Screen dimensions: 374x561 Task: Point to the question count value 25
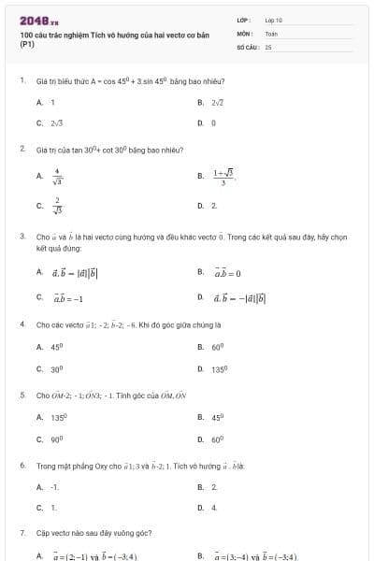pyautogui.click(x=268, y=46)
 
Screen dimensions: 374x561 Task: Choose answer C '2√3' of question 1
pyautogui.click(x=56, y=122)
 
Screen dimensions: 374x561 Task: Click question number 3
pyautogui.click(x=22, y=237)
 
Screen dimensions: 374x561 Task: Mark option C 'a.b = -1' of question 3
pyautogui.click(x=67, y=298)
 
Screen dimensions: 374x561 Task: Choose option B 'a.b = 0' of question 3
pyautogui.click(x=227, y=273)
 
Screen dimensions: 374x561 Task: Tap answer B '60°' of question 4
pyautogui.click(x=216, y=347)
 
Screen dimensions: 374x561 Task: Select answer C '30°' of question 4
pyautogui.click(x=56, y=368)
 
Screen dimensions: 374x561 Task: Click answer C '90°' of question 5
pyautogui.click(x=56, y=439)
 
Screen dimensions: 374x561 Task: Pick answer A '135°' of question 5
pyautogui.click(x=58, y=417)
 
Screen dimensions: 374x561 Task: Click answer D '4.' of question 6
pyautogui.click(x=214, y=508)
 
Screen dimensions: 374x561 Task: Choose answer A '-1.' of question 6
pyautogui.click(x=55, y=486)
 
